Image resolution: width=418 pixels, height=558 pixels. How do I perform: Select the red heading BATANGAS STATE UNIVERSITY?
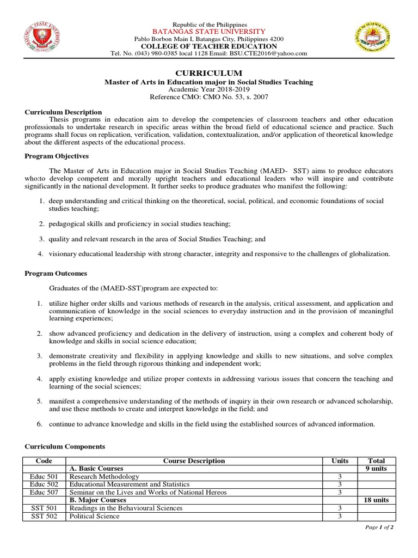pyautogui.click(x=209, y=32)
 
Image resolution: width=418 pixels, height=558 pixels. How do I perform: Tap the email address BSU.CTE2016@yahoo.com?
pyautogui.click(x=268, y=53)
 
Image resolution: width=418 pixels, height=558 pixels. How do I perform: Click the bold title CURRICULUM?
pyautogui.click(x=208, y=73)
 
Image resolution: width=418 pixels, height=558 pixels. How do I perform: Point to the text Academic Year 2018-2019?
pyautogui.click(x=208, y=89)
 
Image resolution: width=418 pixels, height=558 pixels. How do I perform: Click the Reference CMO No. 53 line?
pyautogui.click(x=208, y=96)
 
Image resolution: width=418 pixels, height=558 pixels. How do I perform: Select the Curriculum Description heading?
pyautogui.click(x=63, y=112)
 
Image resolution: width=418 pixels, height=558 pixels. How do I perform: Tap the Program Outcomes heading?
pyautogui.click(x=56, y=273)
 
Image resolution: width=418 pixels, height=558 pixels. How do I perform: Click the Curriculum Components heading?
pyautogui.click(x=65, y=446)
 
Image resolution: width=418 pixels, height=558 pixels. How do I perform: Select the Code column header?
pyautogui.click(x=44, y=461)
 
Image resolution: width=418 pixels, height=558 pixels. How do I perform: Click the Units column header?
pyautogui.click(x=340, y=461)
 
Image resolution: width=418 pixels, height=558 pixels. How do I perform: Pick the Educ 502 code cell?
pyautogui.click(x=44, y=484)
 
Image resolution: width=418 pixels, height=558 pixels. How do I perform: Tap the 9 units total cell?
pyautogui.click(x=377, y=469)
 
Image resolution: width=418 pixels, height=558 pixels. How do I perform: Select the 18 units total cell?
pyautogui.click(x=377, y=500)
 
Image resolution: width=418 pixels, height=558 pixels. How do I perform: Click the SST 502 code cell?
pyautogui.click(x=44, y=516)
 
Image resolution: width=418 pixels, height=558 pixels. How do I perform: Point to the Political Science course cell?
pyautogui.click(x=95, y=516)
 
